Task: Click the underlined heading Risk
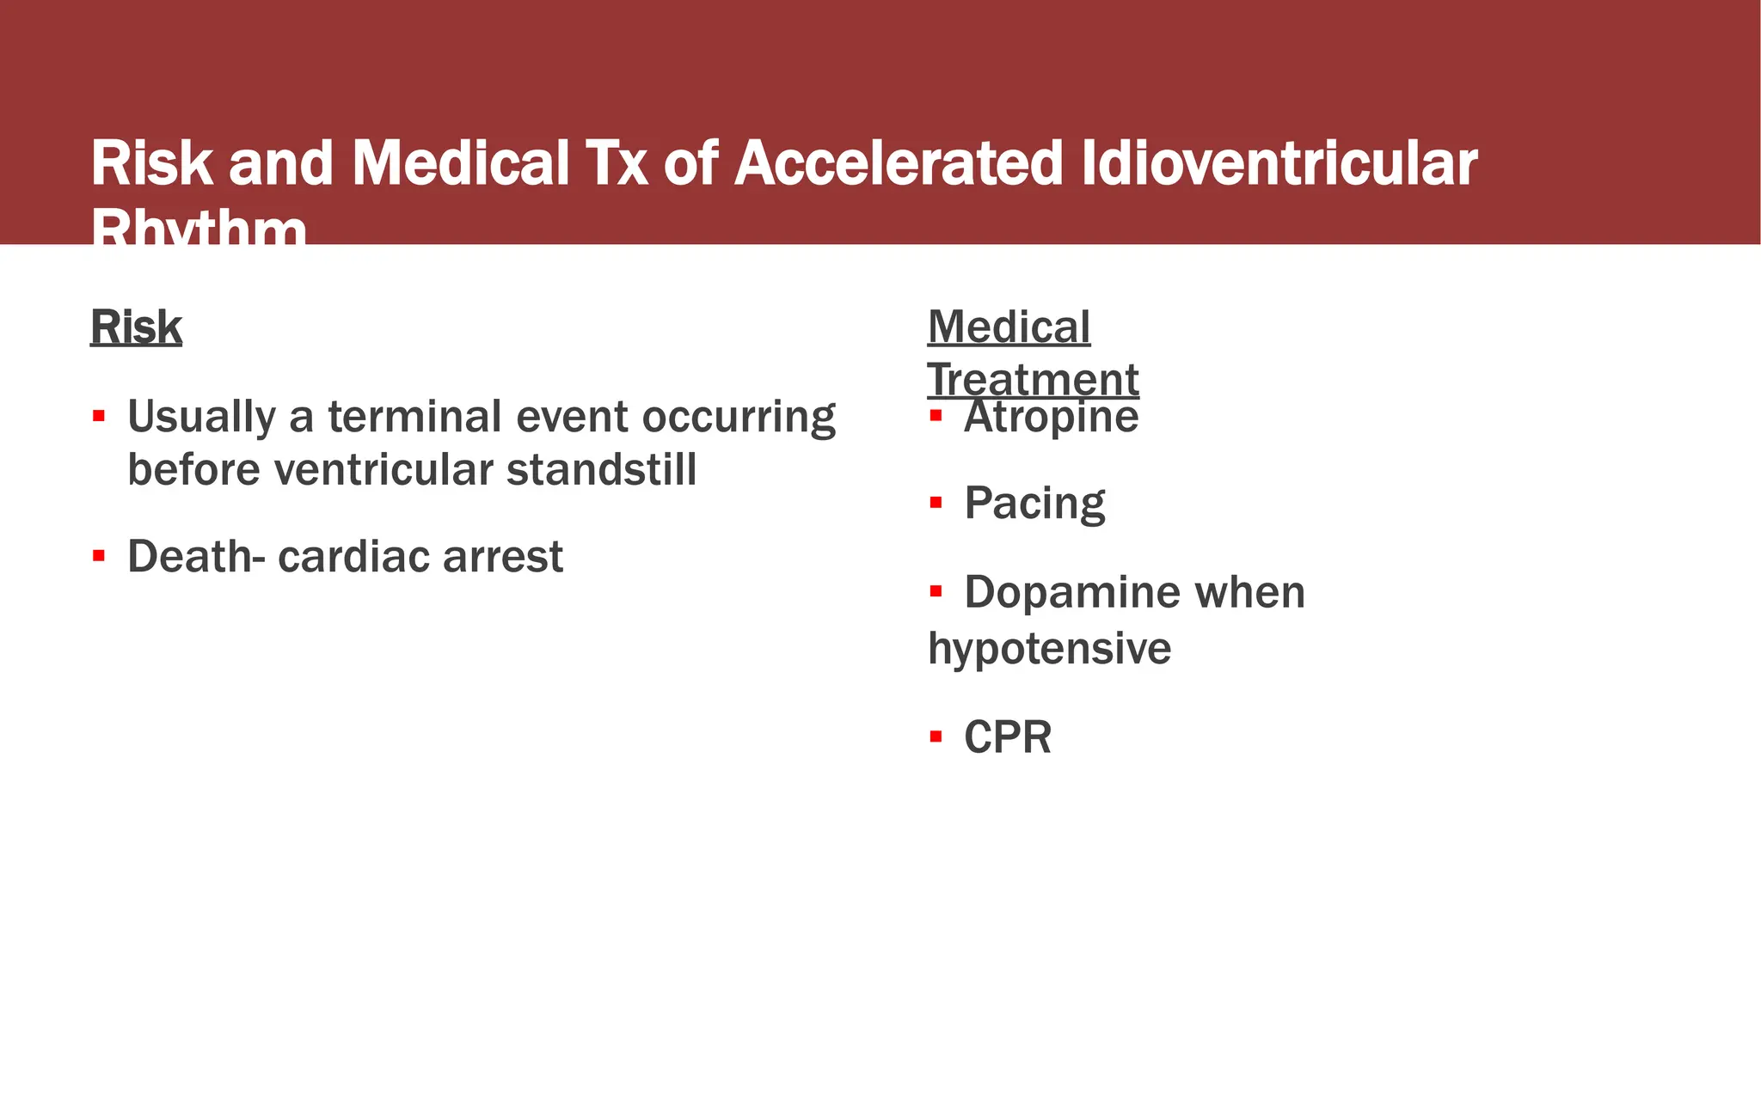click(x=136, y=327)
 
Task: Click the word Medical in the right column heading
click(x=1009, y=327)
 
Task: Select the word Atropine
click(x=1051, y=419)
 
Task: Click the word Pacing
click(x=1034, y=504)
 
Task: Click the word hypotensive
click(x=1049, y=649)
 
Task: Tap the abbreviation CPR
click(x=1007, y=737)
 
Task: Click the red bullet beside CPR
click(x=936, y=736)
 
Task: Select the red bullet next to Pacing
click(x=936, y=502)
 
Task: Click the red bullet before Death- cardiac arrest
click(x=99, y=556)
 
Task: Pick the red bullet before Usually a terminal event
click(x=99, y=417)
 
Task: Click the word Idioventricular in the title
click(x=1279, y=163)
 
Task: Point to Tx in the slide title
click(x=617, y=163)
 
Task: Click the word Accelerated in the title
click(x=899, y=163)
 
